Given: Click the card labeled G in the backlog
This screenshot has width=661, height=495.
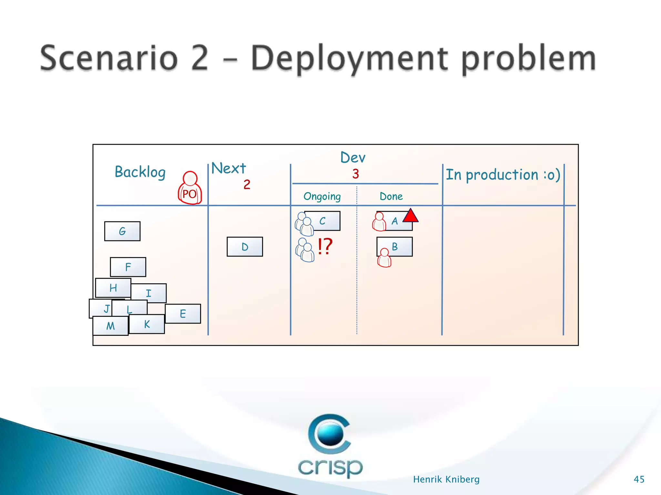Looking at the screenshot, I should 122,231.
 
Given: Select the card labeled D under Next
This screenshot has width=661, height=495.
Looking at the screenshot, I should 245,247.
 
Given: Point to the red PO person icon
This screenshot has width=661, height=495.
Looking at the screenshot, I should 190,189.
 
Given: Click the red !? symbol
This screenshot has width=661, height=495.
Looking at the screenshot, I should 325,247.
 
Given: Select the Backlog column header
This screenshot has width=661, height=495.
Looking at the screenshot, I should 140,172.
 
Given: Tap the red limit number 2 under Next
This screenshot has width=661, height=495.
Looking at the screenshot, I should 247,185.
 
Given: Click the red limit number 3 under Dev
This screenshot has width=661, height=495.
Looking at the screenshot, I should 356,174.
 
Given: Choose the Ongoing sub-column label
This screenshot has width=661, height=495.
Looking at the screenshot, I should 322,196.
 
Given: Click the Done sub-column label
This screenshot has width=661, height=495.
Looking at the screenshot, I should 391,196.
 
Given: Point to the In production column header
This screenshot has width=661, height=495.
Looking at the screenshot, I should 503,175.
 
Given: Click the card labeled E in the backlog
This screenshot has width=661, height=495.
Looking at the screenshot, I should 183,314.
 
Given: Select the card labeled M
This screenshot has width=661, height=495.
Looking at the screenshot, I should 110,326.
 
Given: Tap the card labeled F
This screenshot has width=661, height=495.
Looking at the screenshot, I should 128,267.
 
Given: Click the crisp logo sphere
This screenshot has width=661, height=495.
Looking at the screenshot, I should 330,434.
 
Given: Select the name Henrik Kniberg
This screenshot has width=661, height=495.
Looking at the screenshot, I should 446,479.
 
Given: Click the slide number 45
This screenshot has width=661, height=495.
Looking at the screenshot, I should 639,479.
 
